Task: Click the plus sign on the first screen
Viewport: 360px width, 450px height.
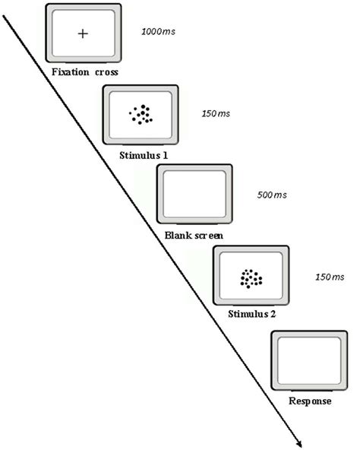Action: coord(83,33)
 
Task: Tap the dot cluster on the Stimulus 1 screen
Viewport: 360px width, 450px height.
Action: coord(140,115)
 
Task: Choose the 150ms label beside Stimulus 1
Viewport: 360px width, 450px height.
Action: coord(215,114)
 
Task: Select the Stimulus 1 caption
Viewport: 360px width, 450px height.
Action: coord(144,155)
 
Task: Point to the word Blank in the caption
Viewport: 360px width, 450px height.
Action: coord(178,236)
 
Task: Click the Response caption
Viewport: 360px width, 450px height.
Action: coord(309,401)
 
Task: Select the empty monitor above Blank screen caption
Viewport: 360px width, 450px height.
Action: coord(194,196)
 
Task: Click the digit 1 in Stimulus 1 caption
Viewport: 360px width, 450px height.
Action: coord(165,155)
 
